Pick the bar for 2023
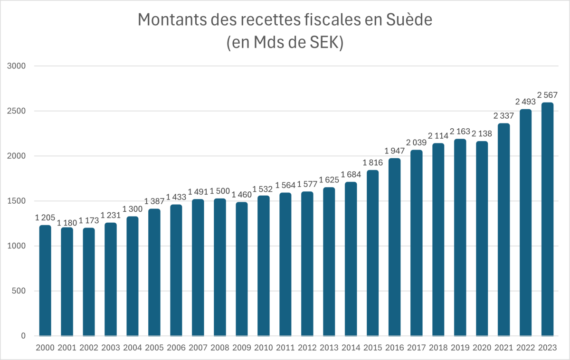pos(548,219)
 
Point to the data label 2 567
pos(548,95)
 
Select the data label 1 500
pos(220,191)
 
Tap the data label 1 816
pos(373,162)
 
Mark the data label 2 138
pos(482,133)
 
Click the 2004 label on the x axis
pos(133,348)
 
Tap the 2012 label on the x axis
pos(307,348)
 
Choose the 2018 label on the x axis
pos(438,348)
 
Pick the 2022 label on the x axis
pos(526,348)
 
